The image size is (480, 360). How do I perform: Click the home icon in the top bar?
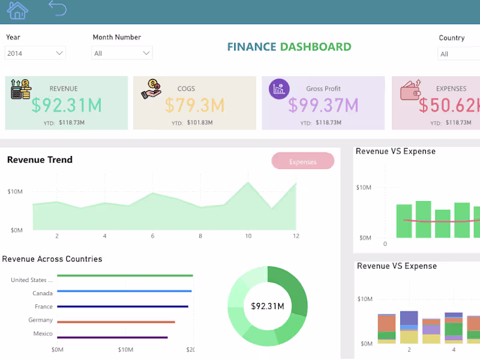pos(17,10)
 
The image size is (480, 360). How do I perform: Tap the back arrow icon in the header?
pos(58,8)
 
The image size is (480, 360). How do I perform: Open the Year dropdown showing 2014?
pos(35,53)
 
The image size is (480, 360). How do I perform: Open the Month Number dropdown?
pos(122,53)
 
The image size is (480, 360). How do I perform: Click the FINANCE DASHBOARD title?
pos(289,47)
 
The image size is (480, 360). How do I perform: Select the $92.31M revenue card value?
pos(67,105)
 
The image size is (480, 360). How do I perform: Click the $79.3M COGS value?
pos(194,105)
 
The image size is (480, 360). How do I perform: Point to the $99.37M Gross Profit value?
pos(323,105)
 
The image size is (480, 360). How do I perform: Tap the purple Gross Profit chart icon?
pos(279,89)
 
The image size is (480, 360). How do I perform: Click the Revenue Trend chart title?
pos(40,160)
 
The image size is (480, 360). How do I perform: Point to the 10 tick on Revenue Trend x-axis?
pos(248,236)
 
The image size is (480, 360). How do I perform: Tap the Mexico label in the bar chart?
pos(43,334)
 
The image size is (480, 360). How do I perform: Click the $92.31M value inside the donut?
pos(267,306)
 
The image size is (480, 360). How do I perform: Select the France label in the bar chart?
pos(44,307)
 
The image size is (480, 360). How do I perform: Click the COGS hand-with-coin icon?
pos(151,89)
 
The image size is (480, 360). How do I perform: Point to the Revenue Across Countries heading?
pos(52,259)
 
